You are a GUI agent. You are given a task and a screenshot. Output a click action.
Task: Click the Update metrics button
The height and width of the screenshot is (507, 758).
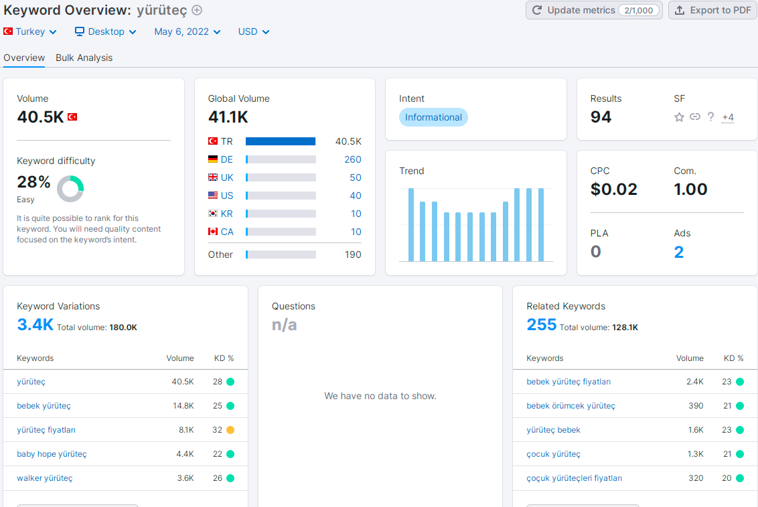(x=594, y=10)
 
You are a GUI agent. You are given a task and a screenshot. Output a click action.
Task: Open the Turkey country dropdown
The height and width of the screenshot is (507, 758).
(x=30, y=32)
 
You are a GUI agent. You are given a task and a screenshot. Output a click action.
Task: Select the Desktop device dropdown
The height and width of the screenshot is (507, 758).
(x=105, y=32)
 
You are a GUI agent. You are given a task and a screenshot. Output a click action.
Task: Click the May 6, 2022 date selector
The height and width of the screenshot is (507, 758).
(x=187, y=32)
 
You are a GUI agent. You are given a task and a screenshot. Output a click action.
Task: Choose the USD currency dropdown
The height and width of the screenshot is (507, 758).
(x=253, y=32)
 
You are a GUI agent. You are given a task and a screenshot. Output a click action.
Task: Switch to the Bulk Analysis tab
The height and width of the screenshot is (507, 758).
(x=84, y=58)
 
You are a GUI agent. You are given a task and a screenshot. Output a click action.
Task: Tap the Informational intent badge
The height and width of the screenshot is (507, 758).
(x=433, y=117)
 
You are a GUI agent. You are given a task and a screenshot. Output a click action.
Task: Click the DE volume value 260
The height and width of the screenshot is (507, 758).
(x=353, y=159)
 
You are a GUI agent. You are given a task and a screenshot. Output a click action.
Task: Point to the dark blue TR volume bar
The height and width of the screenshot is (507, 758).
(x=281, y=141)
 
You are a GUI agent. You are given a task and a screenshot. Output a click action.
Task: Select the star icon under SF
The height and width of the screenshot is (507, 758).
(x=679, y=117)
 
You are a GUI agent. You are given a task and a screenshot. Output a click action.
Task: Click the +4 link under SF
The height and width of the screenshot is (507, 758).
(x=728, y=117)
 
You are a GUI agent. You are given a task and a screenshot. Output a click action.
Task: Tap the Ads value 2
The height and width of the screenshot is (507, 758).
(x=679, y=252)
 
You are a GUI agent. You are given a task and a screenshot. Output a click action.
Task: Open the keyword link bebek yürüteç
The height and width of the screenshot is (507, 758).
(x=44, y=406)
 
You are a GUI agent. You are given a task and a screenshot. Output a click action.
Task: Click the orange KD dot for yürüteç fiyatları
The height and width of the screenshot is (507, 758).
(x=230, y=430)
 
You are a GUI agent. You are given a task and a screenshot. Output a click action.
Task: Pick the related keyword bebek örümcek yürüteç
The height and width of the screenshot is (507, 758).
(x=571, y=406)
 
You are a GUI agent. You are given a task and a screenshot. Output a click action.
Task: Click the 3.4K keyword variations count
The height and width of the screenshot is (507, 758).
(x=35, y=324)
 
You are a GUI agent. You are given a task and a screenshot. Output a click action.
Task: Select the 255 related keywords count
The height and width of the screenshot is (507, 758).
(x=542, y=324)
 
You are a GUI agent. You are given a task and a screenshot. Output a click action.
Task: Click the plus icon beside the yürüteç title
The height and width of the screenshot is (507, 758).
(x=197, y=10)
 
